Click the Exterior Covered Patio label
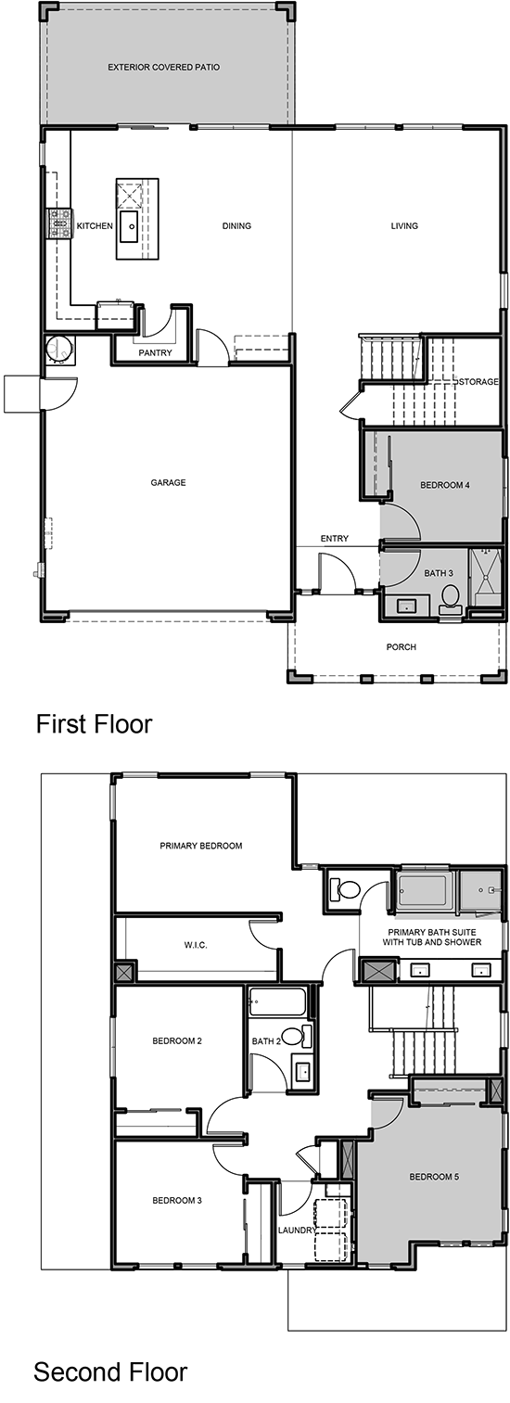(x=163, y=67)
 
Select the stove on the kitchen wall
(x=60, y=223)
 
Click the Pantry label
(x=155, y=353)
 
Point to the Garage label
(x=168, y=482)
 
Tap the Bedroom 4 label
(x=445, y=485)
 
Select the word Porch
(x=401, y=647)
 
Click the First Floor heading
(x=94, y=723)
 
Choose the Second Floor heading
(x=110, y=1371)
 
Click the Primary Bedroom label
(x=200, y=846)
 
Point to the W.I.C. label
(x=196, y=945)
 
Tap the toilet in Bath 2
(x=297, y=1036)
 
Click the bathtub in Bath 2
(x=277, y=1002)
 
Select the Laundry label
(x=297, y=1231)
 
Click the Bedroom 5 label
(x=434, y=1176)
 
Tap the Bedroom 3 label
(x=177, y=1200)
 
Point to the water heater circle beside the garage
(x=60, y=349)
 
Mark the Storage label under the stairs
(x=479, y=381)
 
